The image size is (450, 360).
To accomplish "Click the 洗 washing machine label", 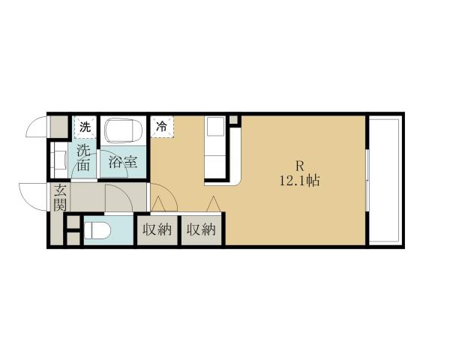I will point(85,127).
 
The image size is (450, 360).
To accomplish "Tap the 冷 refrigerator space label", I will point(162,127).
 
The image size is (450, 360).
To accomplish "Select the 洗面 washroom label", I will point(84,157).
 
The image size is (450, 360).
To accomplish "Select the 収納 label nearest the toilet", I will point(157,229).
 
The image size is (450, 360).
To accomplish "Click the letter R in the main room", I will point(298,166).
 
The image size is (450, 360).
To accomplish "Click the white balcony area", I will point(386,180).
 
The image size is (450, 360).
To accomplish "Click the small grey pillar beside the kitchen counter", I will point(234,121).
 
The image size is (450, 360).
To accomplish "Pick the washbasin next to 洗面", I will point(58,159).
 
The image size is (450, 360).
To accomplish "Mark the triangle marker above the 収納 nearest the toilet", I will point(157,204).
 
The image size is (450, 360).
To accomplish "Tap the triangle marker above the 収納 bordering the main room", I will point(212,204).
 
